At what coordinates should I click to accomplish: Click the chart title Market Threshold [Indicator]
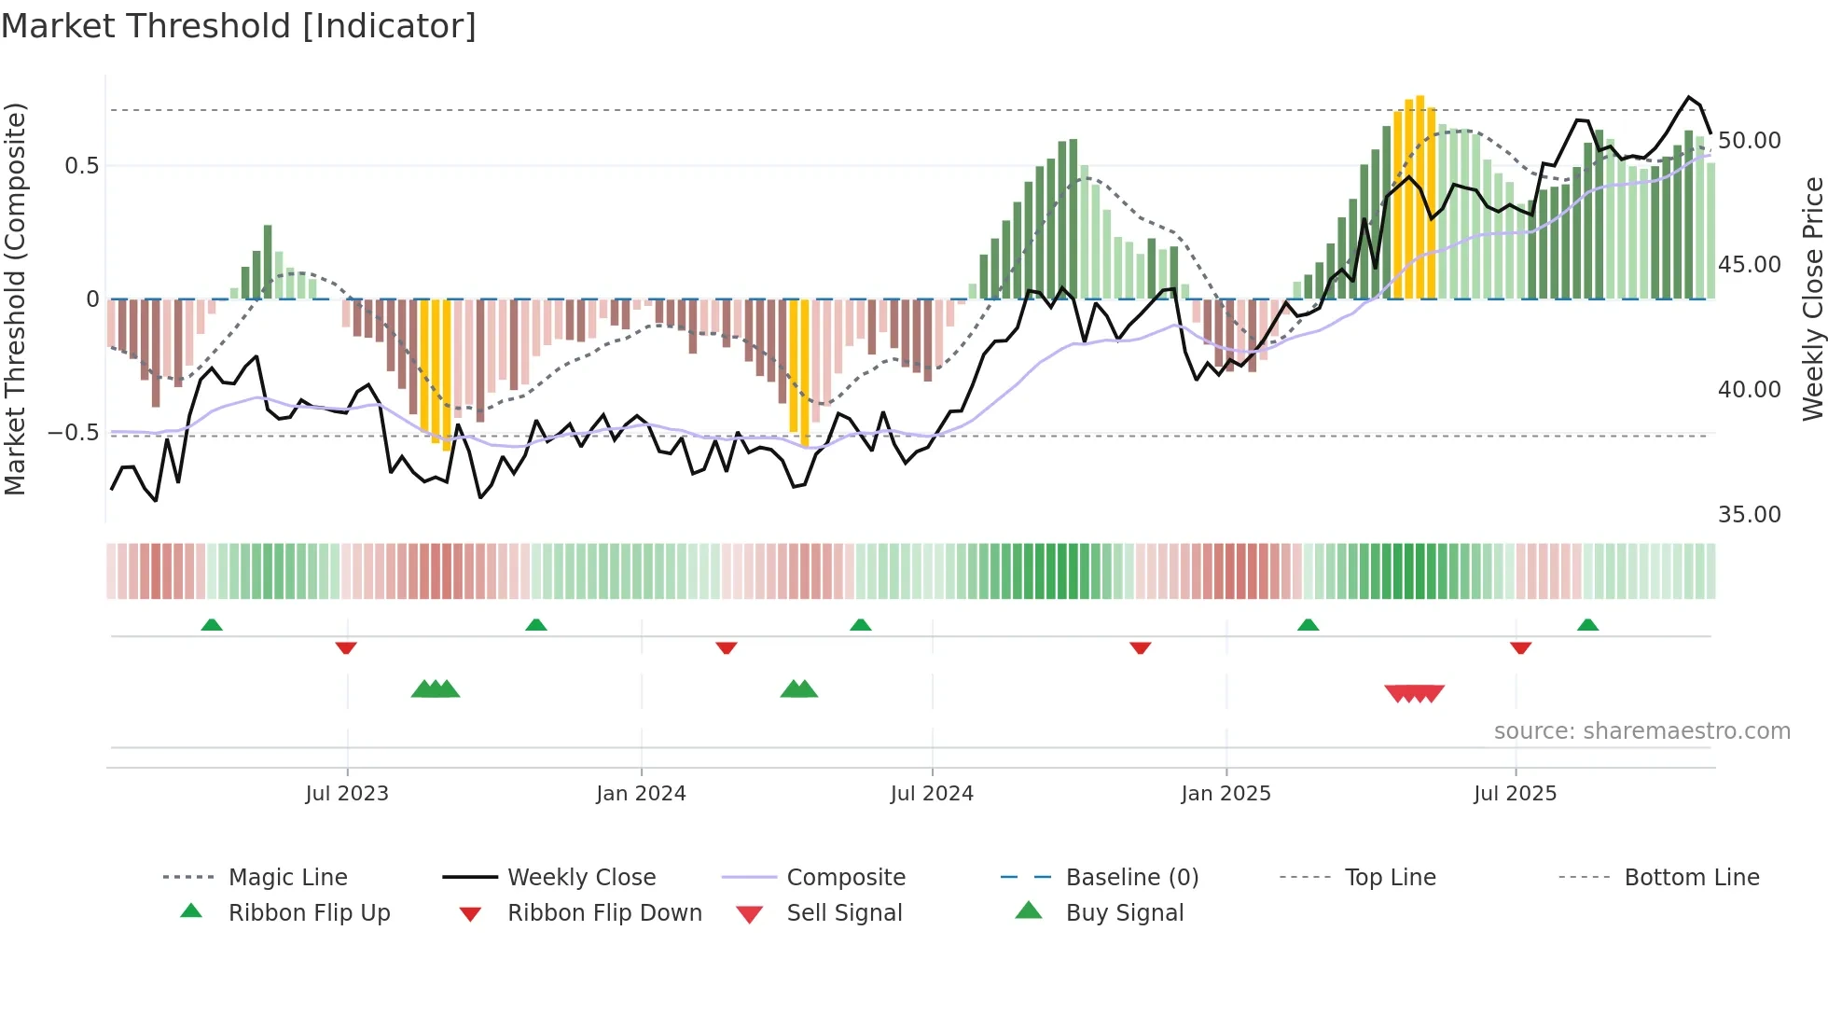pos(239,26)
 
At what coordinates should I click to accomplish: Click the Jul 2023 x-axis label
pos(347,794)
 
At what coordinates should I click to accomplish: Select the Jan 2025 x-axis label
pos(1226,794)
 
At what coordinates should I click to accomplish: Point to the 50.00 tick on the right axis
pos(1749,141)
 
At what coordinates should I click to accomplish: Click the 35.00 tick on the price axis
pos(1749,515)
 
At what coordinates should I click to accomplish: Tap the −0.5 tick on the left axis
pos(73,433)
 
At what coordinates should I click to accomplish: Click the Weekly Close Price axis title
pos(1812,299)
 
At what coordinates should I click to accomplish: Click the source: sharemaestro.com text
pos(1641,731)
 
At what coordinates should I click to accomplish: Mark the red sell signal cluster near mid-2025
pos(1415,693)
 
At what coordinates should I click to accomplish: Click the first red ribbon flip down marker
pos(346,647)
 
